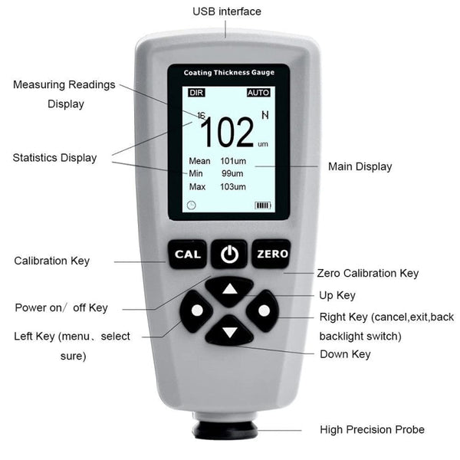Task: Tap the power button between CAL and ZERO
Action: tap(229, 254)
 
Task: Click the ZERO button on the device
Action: tap(272, 254)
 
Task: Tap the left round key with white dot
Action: tap(197, 311)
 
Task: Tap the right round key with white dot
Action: tap(264, 310)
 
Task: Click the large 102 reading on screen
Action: tap(227, 133)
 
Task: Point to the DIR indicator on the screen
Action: tap(196, 92)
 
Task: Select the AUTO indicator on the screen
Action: tap(258, 92)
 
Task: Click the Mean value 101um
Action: tap(233, 161)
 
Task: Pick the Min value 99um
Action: tap(233, 174)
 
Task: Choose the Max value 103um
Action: tap(233, 187)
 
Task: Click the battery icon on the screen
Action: tap(263, 205)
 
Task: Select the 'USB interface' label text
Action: tap(226, 11)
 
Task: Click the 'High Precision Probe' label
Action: tap(372, 429)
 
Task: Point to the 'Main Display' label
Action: tap(360, 166)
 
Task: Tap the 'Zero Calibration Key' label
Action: tap(367, 273)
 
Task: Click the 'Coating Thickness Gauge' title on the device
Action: tap(228, 73)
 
